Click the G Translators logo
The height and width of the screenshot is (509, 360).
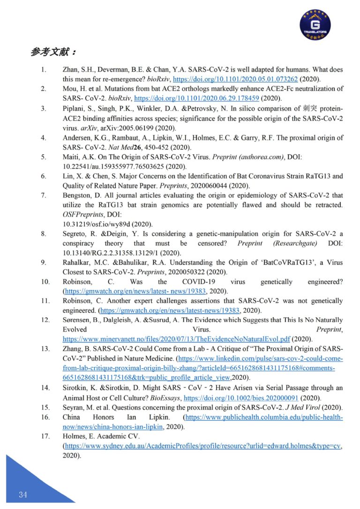(315, 23)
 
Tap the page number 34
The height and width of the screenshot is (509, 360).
(22, 494)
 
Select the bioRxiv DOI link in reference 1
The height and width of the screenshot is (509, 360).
(235, 79)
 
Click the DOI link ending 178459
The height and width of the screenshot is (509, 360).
(196, 98)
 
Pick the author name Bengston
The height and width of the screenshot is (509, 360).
(76, 195)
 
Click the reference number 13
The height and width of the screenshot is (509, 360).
(45, 350)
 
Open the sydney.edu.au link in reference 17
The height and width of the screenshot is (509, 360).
(202, 446)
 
